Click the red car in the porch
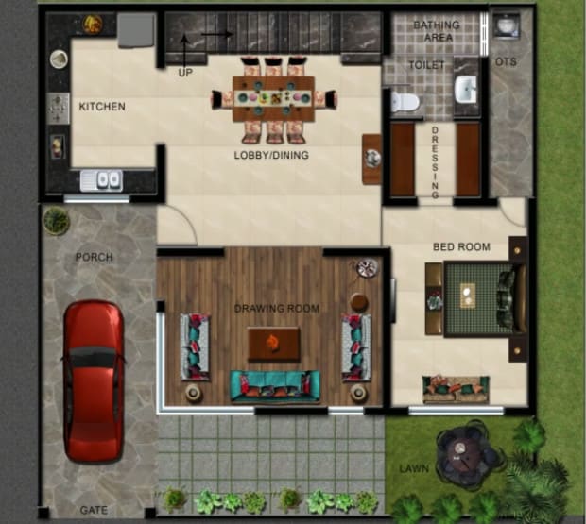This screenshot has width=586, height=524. click(x=94, y=380)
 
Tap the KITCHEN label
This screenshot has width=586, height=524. click(x=102, y=107)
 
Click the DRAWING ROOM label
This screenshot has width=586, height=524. click(x=276, y=309)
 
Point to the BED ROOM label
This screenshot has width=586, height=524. click(x=461, y=247)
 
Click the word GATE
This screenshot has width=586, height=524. click(x=94, y=510)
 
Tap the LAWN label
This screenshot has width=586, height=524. click(x=412, y=468)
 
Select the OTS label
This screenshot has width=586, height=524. click(x=506, y=62)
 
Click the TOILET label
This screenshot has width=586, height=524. click(x=425, y=65)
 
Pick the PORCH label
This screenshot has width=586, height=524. click(x=94, y=257)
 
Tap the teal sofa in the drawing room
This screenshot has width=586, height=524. click(x=275, y=385)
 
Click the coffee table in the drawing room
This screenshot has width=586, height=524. click(x=274, y=343)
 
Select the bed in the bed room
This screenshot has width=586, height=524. click(x=479, y=298)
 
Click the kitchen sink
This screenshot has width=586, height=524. click(x=101, y=178)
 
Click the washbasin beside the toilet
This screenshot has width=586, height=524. click(x=467, y=89)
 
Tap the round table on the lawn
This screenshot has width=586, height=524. click(x=466, y=450)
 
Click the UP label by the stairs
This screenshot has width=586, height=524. click(x=186, y=73)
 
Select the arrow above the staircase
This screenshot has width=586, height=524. click(x=217, y=35)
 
